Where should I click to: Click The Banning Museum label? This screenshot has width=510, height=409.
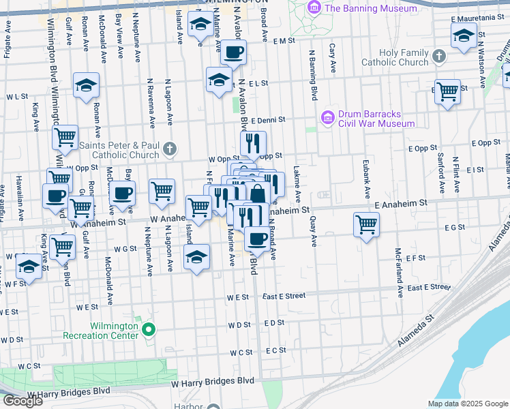tap(371, 8)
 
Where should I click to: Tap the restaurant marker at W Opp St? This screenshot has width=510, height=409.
tap(252, 143)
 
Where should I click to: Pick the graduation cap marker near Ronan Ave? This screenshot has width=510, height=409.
tap(87, 85)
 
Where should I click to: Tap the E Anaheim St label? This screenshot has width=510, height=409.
tap(400, 203)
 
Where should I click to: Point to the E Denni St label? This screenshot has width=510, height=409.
tap(267, 121)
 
